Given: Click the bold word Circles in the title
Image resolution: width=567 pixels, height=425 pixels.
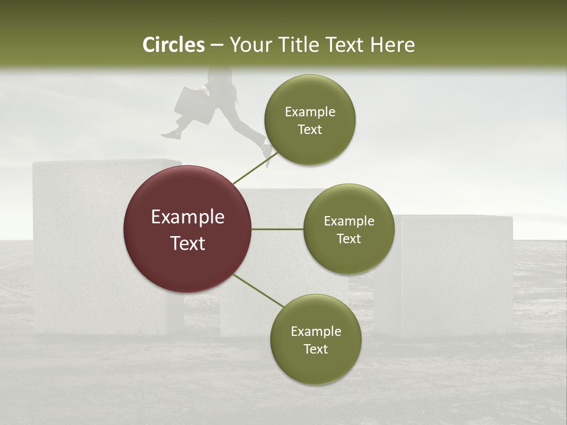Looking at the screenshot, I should click(x=174, y=45).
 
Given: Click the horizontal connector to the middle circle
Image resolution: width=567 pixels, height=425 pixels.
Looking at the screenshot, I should click(x=277, y=229).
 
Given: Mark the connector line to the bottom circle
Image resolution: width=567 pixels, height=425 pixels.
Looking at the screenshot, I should click(x=259, y=290).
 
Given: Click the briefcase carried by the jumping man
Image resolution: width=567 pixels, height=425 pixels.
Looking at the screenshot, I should click(x=194, y=106).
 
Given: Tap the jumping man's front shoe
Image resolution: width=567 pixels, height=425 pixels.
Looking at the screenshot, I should click(x=171, y=135).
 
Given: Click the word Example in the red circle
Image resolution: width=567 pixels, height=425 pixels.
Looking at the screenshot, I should click(x=188, y=217).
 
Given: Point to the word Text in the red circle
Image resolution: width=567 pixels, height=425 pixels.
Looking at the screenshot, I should click(x=188, y=243).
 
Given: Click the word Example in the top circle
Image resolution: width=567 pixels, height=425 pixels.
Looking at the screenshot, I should click(x=310, y=112).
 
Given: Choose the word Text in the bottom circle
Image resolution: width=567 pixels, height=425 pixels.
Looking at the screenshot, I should click(x=315, y=349).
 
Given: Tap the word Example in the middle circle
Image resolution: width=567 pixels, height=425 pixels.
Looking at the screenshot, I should click(x=349, y=221).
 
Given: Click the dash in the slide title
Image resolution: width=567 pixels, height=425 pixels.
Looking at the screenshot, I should click(x=216, y=45).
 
